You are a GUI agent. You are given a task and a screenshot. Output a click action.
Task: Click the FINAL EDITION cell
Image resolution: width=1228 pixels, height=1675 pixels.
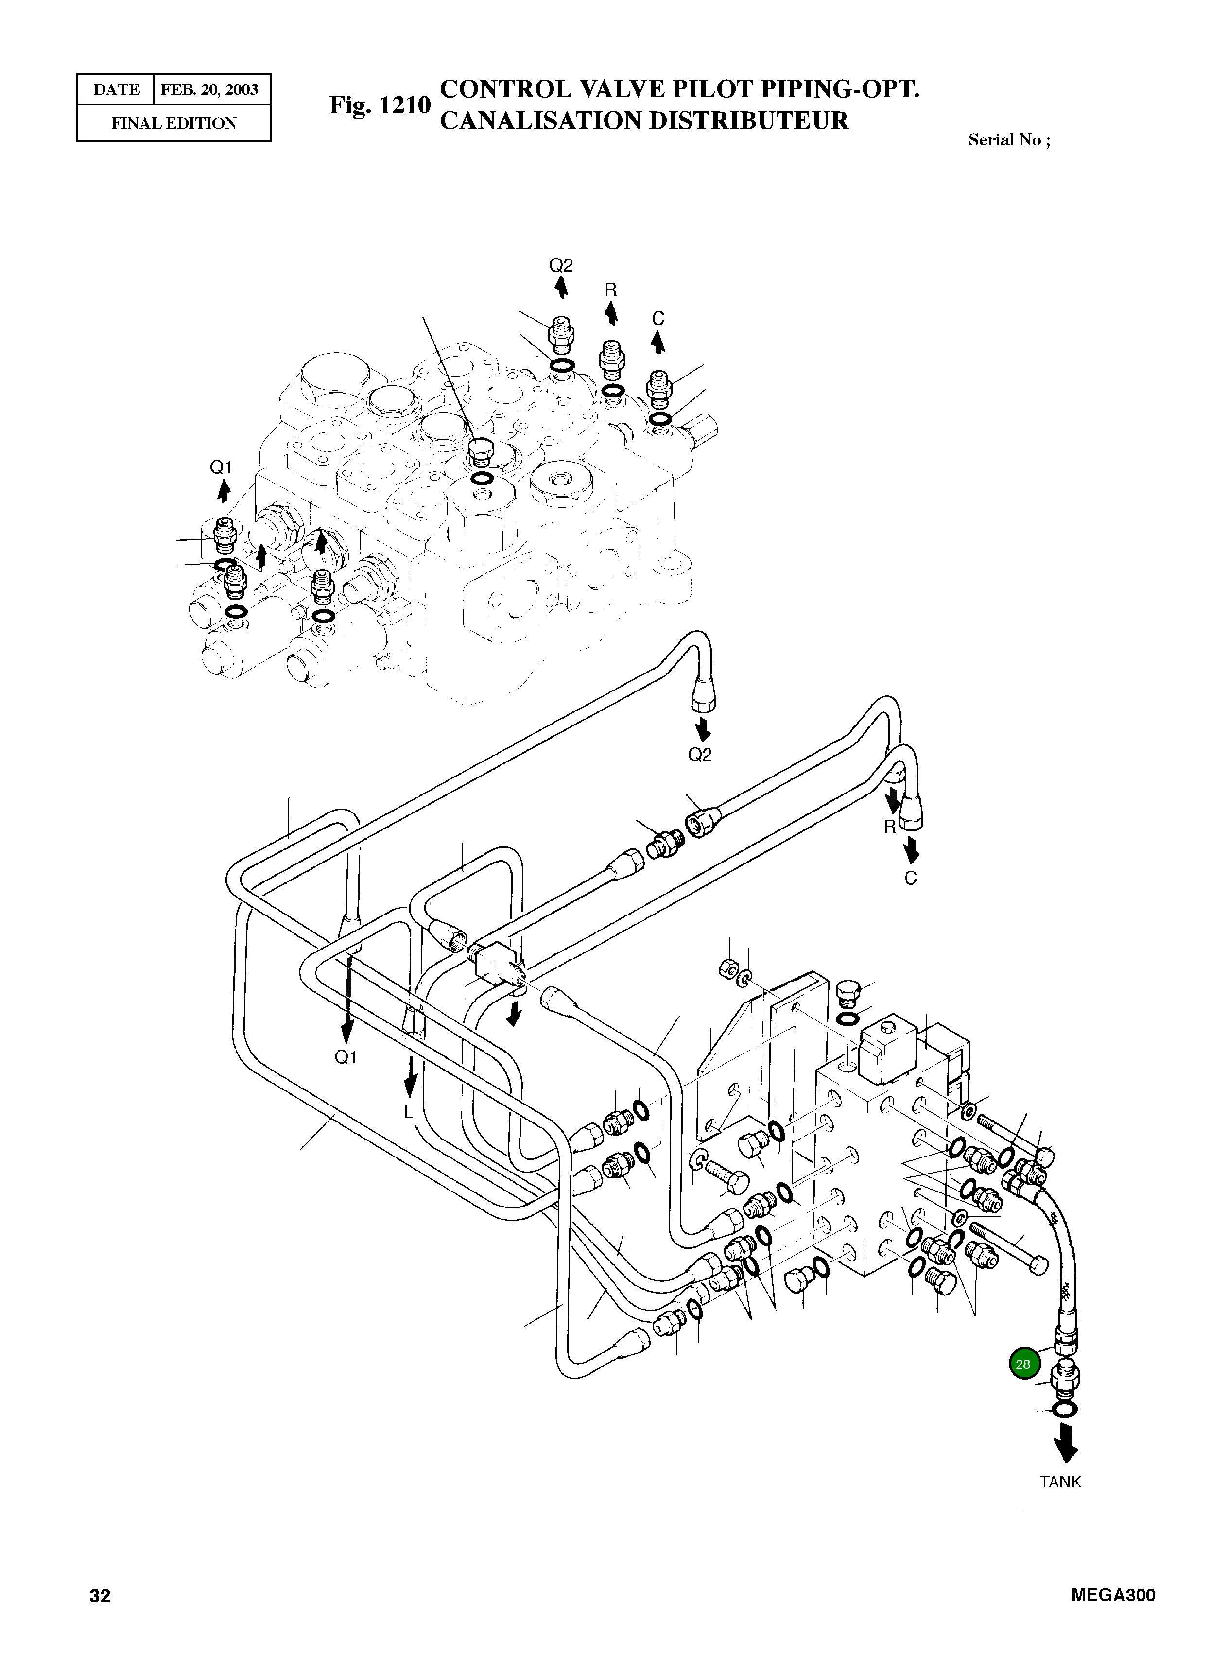click(x=174, y=123)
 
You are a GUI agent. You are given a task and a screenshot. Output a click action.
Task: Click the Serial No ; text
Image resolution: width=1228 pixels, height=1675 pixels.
click(x=1009, y=140)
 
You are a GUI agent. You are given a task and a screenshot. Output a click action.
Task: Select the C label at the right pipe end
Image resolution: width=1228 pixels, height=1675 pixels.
click(x=911, y=879)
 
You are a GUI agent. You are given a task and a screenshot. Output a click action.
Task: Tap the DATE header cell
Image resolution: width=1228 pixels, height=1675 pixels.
click(x=116, y=90)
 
